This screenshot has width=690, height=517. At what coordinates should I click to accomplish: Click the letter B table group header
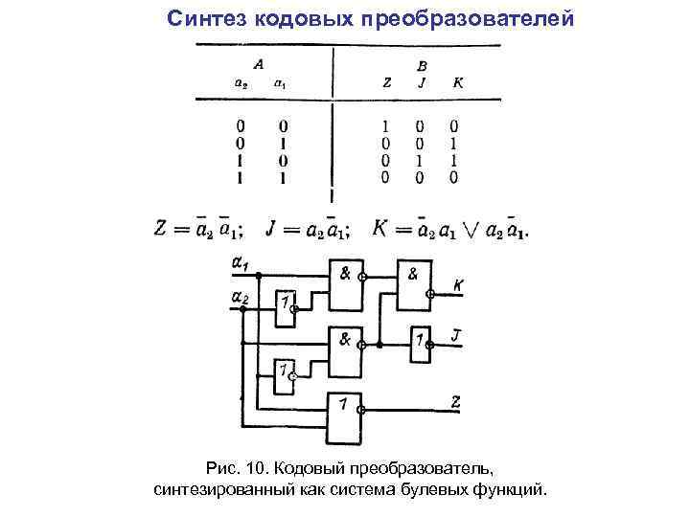(x=423, y=65)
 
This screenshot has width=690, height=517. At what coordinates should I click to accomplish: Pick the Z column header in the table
(x=386, y=83)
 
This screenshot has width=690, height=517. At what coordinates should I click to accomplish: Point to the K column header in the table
(x=457, y=83)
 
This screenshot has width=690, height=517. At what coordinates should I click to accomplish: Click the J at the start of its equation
(x=272, y=230)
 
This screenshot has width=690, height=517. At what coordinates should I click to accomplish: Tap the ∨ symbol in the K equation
(x=467, y=231)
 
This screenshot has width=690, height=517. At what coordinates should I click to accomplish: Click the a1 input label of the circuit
(x=241, y=260)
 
